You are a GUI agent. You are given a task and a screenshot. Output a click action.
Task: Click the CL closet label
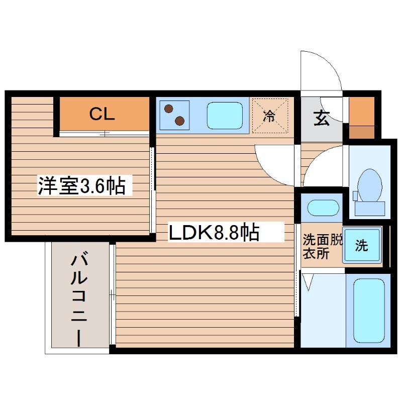[103, 114]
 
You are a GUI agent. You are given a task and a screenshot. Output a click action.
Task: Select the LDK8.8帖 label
[214, 232]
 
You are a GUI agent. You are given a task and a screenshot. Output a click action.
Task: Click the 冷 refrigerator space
[270, 116]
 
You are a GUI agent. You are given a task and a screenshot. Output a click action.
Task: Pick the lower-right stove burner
[179, 120]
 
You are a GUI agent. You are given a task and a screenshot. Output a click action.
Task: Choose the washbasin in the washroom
[322, 207]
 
